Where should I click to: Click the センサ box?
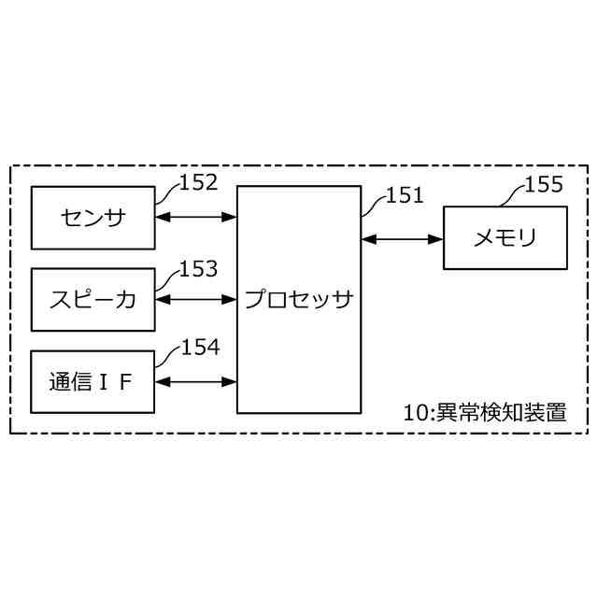[93, 218]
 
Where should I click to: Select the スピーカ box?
[93, 299]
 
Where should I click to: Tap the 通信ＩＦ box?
[93, 381]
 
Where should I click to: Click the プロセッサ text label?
[298, 299]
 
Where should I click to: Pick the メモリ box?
[504, 239]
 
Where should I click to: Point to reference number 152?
[199, 182]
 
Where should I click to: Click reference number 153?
[199, 269]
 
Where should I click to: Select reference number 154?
[200, 349]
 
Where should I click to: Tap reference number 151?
[406, 195]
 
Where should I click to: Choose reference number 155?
[545, 184]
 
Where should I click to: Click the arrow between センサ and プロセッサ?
[195, 218]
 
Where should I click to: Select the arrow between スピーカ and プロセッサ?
[195, 299]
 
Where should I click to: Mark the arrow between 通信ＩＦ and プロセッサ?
[195, 381]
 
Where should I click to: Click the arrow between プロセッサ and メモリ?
[402, 239]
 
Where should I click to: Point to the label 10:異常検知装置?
[484, 412]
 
